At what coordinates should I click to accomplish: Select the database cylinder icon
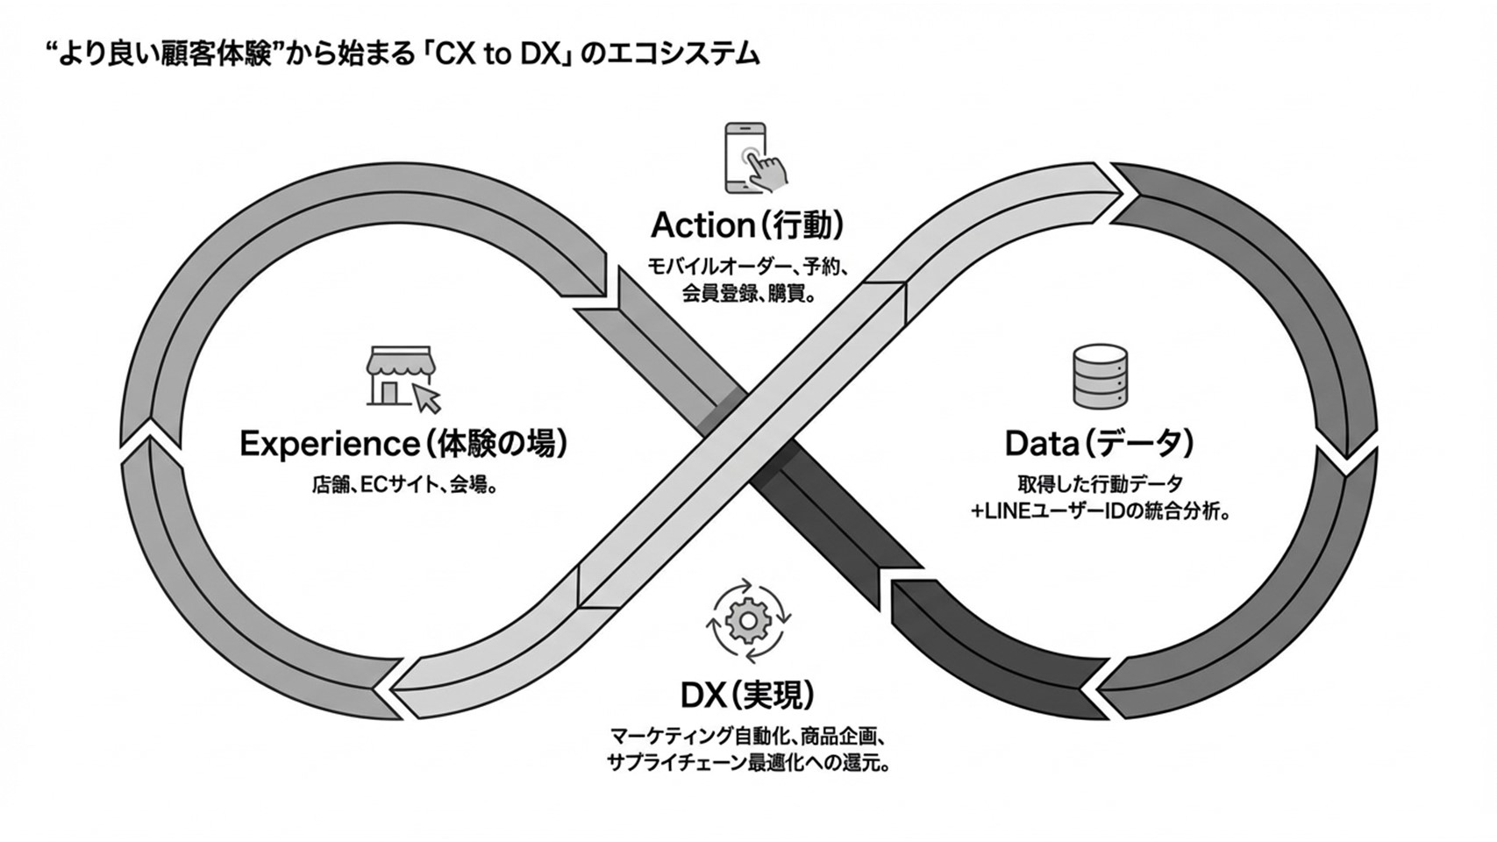1100,376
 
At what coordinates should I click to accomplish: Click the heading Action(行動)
747,225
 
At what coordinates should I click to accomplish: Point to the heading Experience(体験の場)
403,443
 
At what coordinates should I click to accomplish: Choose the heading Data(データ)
1099,443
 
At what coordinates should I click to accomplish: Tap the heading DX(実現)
747,695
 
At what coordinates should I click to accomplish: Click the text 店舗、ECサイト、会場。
404,484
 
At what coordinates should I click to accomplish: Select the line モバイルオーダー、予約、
747,267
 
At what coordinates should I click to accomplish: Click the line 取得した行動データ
1100,483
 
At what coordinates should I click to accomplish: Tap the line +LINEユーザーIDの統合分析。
1100,511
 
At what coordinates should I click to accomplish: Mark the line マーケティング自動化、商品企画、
748,735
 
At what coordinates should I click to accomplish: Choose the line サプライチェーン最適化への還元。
748,762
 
